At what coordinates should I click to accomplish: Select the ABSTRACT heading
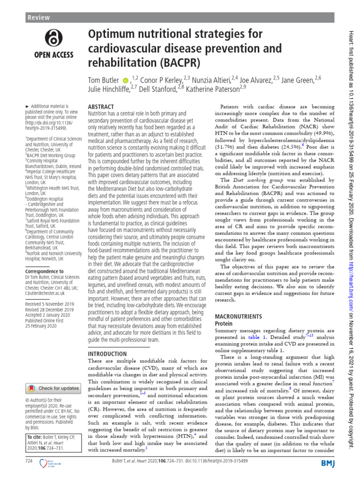coord(103,107)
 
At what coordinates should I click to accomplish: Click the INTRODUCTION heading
coord(107,353)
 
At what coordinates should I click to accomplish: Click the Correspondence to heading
coord(45,271)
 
